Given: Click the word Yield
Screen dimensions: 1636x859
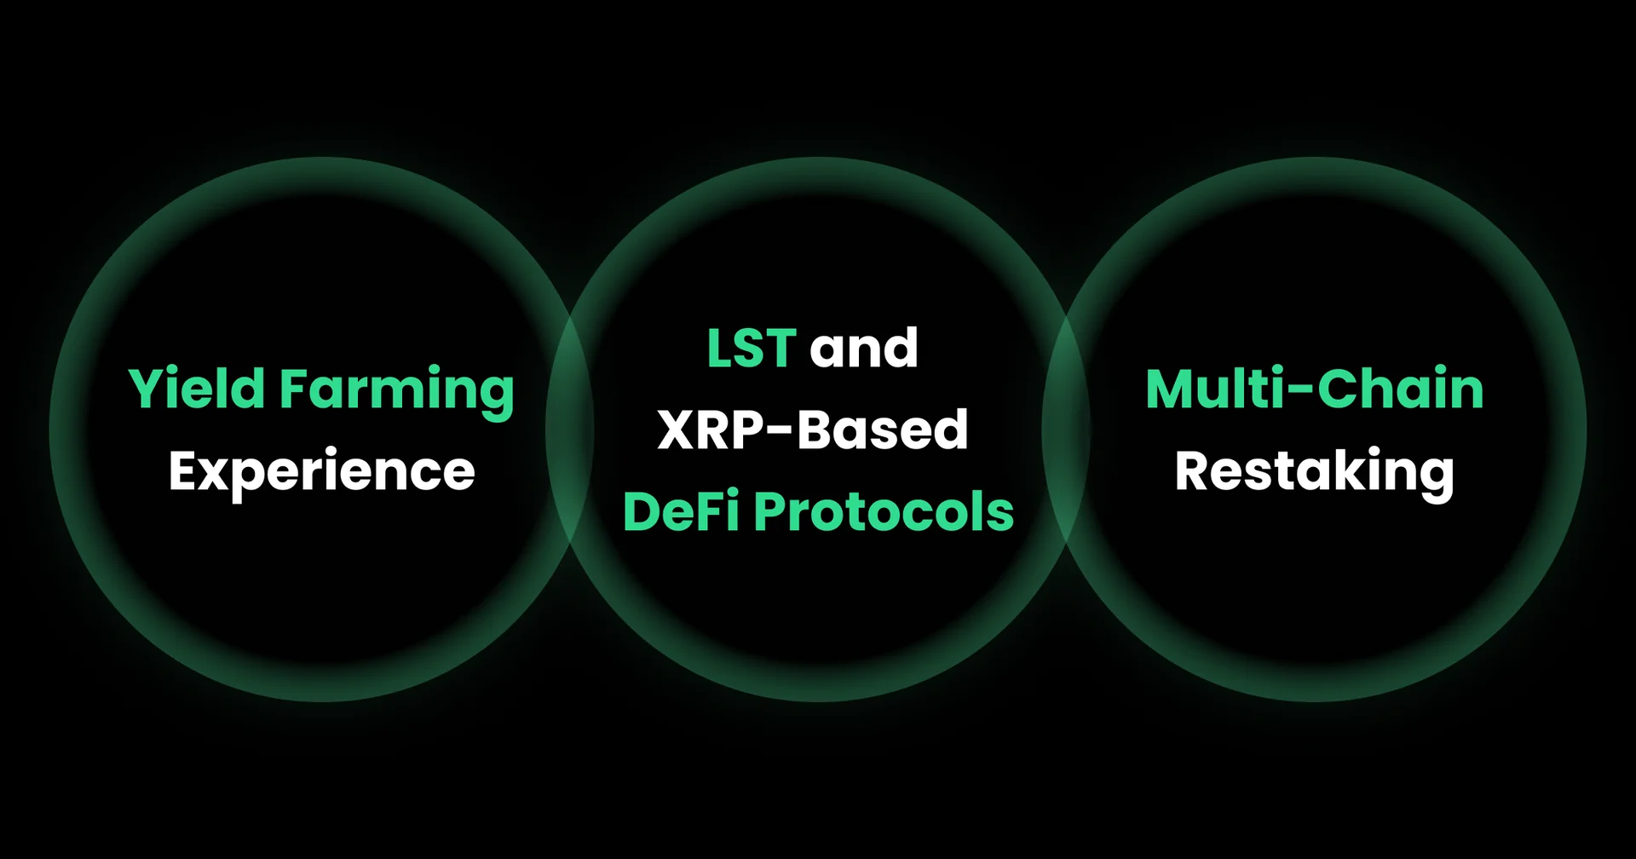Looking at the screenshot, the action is click(x=197, y=389).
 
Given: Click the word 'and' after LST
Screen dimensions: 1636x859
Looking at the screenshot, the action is click(x=864, y=348).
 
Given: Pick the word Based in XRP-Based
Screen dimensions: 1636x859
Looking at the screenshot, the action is click(x=883, y=429).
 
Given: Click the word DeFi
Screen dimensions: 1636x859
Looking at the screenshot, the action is click(x=682, y=511).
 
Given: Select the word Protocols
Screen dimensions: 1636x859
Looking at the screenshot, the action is click(x=884, y=511).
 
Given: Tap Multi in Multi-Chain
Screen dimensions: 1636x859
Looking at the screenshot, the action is click(x=1215, y=389).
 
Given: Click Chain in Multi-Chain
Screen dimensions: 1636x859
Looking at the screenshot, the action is click(x=1401, y=389).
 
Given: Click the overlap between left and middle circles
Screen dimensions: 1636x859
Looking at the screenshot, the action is click(x=570, y=429).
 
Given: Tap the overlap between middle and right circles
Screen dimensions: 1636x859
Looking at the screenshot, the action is click(x=1066, y=429).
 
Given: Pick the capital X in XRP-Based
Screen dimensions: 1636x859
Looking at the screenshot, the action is click(x=677, y=429).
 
